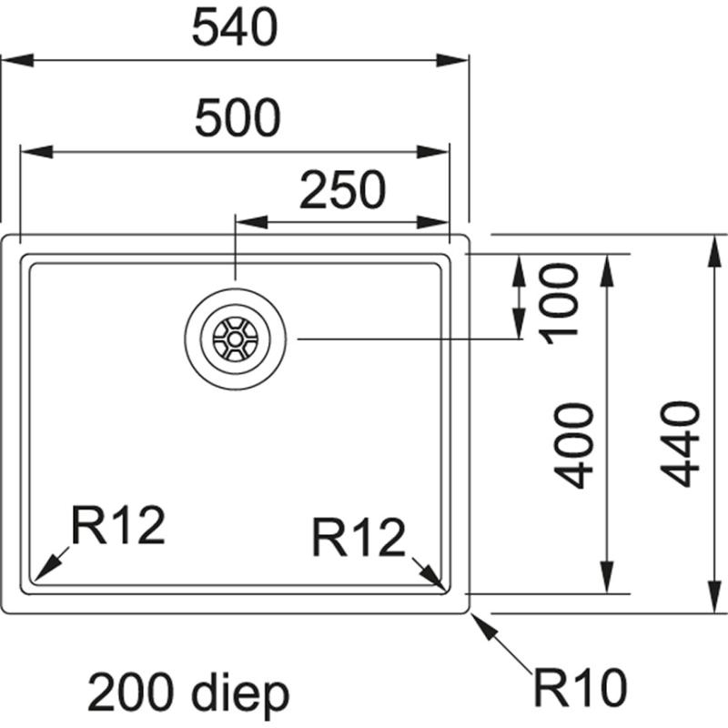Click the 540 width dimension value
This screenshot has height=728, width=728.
[234, 29]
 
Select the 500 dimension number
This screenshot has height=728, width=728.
[236, 117]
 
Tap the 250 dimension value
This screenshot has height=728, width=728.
[343, 190]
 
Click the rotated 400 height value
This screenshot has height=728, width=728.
[576, 447]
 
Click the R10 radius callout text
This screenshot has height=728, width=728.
[581, 689]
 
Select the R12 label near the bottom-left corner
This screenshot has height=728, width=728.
[118, 526]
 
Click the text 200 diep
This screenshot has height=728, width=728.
[188, 693]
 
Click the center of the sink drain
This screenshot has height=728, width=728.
[235, 339]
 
